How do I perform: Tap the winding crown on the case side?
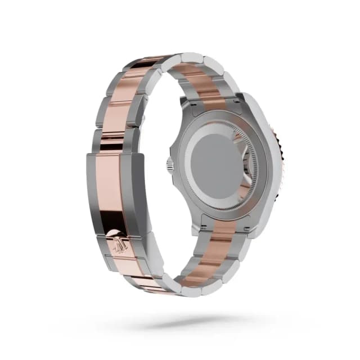[169, 165]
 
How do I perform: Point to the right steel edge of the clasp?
[140, 191]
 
